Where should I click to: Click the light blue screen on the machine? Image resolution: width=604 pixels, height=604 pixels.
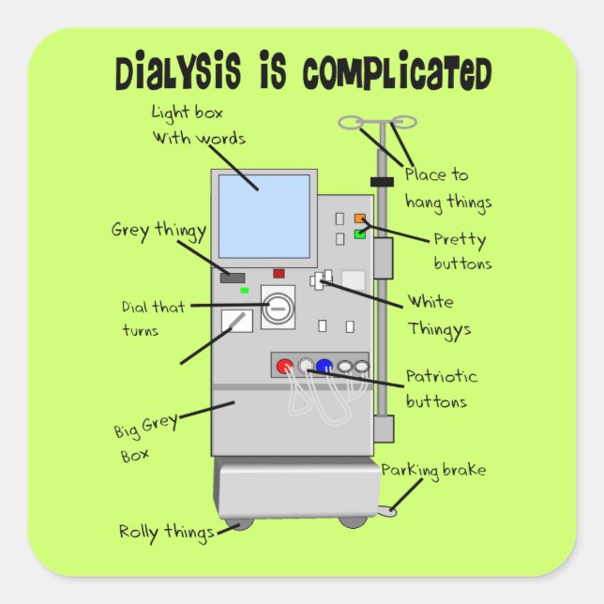coord(264,216)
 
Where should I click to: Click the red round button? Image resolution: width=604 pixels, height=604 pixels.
coord(285,366)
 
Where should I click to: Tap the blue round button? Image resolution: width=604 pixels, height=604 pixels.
coord(325,366)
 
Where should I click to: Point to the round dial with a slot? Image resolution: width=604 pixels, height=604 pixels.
coord(278,307)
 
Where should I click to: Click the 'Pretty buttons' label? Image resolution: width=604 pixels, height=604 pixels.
coord(461,250)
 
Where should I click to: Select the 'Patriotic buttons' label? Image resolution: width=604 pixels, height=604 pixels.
coord(441,389)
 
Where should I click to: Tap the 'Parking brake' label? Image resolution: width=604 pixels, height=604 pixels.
coord(433,470)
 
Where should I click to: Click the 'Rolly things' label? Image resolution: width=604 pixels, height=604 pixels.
coord(165,532)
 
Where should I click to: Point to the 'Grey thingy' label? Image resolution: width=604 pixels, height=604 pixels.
coord(159,230)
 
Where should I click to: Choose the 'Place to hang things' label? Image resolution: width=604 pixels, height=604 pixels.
coord(447,188)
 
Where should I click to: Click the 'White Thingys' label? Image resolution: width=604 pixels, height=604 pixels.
coord(438,316)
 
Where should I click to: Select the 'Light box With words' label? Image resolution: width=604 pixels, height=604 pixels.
coord(198,125)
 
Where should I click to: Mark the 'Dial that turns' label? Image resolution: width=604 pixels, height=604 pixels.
coord(153,318)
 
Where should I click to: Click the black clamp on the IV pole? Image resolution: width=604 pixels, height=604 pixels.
coord(381,181)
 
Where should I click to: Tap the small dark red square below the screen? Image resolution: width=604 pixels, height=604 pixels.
coord(279,274)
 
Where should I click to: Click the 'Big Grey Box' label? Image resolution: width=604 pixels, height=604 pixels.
coord(145,441)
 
